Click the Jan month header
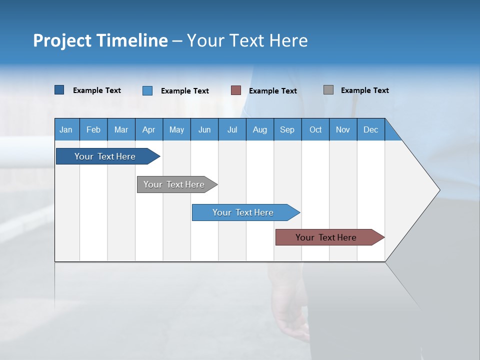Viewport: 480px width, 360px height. (x=66, y=129)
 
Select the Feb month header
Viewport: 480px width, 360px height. (x=93, y=129)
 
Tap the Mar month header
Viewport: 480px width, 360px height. (x=121, y=129)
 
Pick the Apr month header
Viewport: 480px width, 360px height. (x=149, y=129)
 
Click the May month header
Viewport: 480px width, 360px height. (x=176, y=129)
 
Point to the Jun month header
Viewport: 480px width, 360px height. (x=204, y=129)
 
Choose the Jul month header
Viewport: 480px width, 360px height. (x=232, y=129)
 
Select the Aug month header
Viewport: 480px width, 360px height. (x=260, y=129)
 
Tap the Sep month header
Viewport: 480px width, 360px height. (x=287, y=129)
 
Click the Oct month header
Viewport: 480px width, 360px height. (x=315, y=129)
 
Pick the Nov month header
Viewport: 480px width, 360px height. (x=343, y=129)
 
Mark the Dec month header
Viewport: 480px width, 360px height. (x=371, y=129)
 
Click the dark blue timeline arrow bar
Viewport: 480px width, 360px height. (x=105, y=156)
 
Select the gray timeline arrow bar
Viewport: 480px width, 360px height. (x=174, y=184)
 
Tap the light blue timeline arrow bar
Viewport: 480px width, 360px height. (x=243, y=212)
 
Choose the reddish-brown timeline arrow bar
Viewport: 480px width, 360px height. (x=326, y=237)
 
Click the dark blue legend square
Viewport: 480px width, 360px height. (x=59, y=90)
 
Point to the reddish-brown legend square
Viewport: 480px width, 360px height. (x=236, y=90)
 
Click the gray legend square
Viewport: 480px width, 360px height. (x=328, y=90)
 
